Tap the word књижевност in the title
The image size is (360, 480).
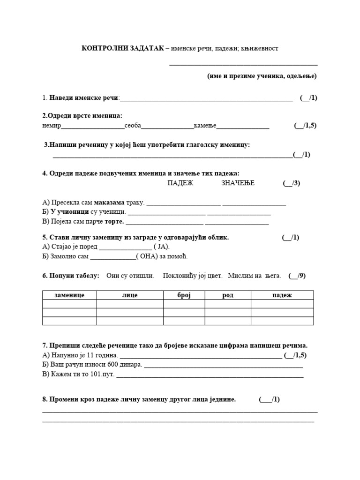261,49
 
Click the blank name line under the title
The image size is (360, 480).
243,65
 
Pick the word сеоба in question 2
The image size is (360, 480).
133,126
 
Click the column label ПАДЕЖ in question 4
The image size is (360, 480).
180,183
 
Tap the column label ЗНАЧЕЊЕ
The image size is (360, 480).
238,183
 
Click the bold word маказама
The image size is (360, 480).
109,203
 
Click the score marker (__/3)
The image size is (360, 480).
291,183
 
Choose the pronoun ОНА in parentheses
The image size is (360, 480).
150,256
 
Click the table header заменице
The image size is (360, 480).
69,295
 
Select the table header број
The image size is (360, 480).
184,295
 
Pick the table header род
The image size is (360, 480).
228,295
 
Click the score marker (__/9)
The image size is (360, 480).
297,276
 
